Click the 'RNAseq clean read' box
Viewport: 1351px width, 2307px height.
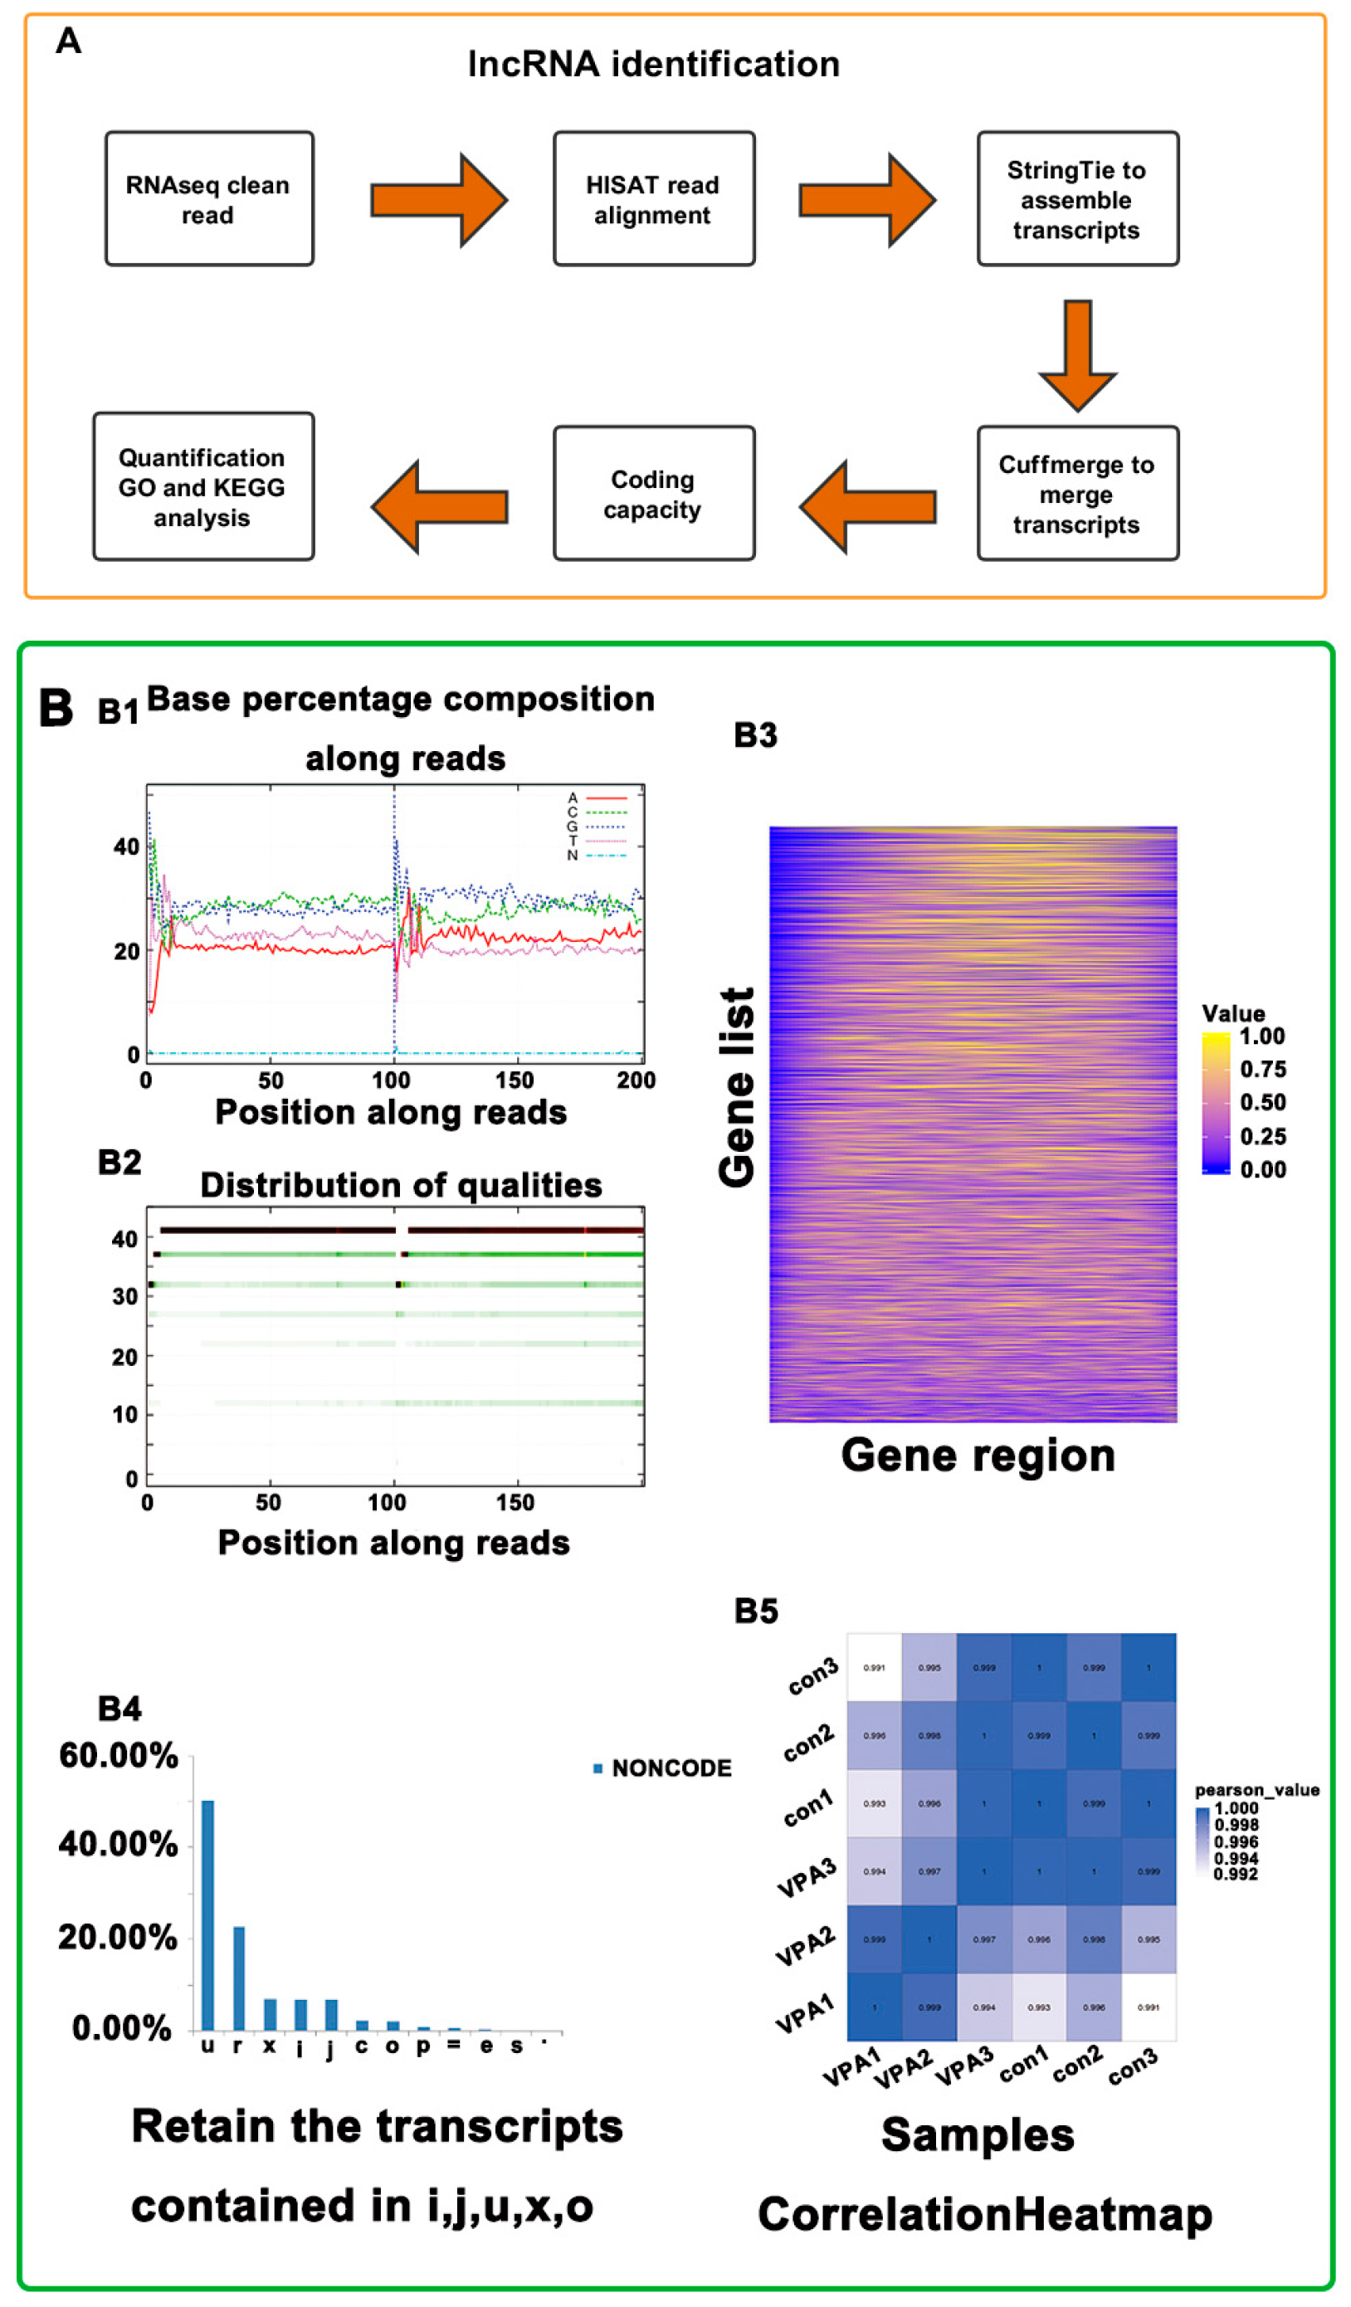click(208, 198)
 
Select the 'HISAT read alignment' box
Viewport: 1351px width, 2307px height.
click(654, 198)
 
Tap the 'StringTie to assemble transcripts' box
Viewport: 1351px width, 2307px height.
click(1077, 198)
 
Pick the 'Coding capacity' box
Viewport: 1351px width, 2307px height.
click(654, 494)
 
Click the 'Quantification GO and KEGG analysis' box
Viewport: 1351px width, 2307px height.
click(203, 487)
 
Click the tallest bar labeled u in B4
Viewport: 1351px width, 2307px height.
click(207, 1915)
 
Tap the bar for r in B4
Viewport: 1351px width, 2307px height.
click(239, 1978)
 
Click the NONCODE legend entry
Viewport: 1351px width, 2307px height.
click(663, 1768)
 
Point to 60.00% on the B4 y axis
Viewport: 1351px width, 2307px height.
click(118, 1756)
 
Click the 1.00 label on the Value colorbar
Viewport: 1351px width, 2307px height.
click(1262, 1036)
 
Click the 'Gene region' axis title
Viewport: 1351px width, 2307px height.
click(978, 1455)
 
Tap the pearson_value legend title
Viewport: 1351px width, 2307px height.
click(1256, 1790)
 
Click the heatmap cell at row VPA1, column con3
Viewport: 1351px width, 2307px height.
click(1149, 2007)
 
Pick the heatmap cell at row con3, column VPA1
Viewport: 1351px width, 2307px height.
click(874, 1667)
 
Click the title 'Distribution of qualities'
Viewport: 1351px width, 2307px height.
click(401, 1186)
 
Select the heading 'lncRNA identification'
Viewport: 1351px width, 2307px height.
click(654, 64)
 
